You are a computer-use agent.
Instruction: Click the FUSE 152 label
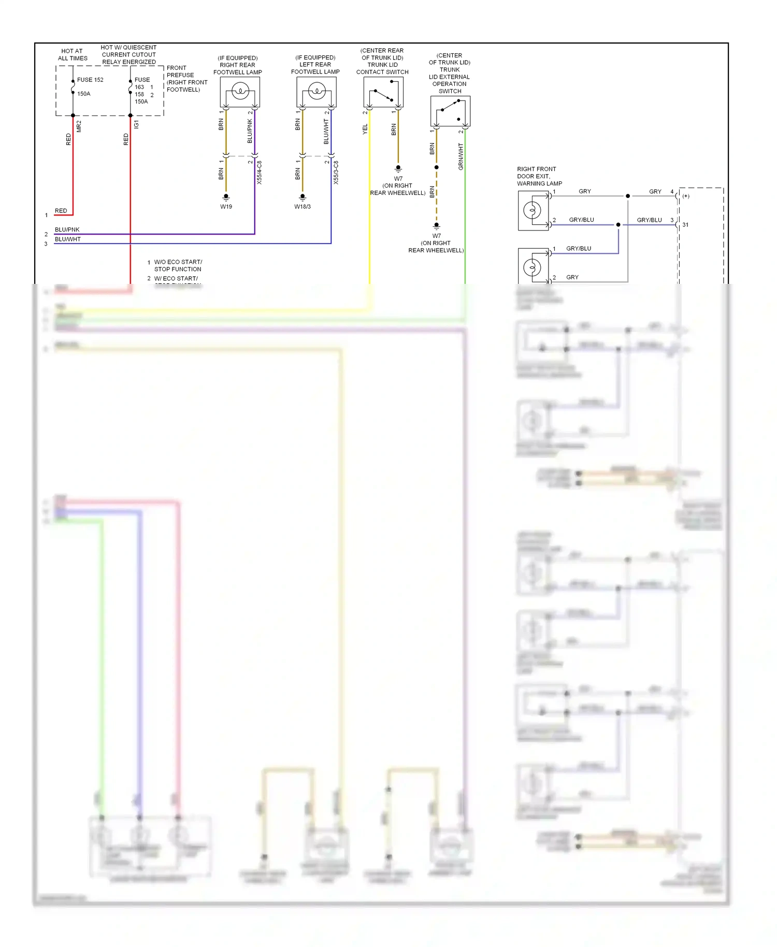pos(90,80)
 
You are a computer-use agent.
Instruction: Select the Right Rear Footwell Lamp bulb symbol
pos(240,92)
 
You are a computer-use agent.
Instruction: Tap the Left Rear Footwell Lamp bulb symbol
pos(316,92)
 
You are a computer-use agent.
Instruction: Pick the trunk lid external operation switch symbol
pos(450,111)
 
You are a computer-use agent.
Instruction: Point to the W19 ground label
pos(226,207)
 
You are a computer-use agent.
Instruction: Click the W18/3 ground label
pos(303,207)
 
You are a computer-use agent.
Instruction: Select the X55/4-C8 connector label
pos(260,173)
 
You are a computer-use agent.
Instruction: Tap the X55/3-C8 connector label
pos(336,173)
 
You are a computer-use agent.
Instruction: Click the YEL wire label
pos(365,130)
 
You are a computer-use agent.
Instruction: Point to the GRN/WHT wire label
pos(461,156)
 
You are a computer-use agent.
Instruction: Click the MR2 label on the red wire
pos(79,126)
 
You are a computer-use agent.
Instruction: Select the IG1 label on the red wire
pos(136,124)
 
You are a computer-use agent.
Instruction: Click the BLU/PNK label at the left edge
pos(67,229)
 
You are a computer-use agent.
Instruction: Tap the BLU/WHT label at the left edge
pos(68,239)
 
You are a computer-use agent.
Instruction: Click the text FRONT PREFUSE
pos(180,71)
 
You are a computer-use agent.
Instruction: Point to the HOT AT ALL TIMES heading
pos(73,54)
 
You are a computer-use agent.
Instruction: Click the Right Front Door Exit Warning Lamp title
pos(539,176)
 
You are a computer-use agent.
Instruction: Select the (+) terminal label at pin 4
pos(686,196)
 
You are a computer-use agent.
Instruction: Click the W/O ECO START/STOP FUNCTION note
pos(178,265)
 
